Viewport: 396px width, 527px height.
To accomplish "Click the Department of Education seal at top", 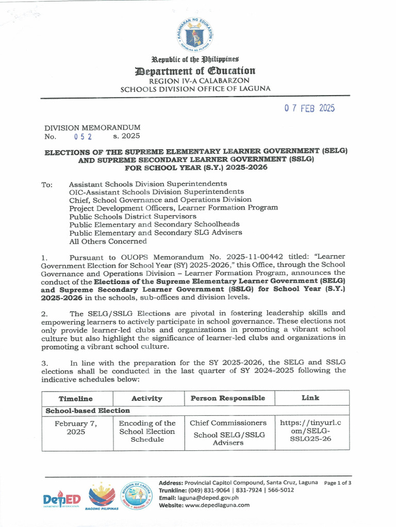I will tap(195, 36).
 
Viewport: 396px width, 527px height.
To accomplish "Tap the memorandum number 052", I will tap(83, 136).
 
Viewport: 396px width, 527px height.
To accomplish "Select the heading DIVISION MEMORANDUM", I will tap(92, 127).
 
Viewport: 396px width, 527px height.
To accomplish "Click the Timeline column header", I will tap(76, 398).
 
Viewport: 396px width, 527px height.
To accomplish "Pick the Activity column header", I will tap(147, 398).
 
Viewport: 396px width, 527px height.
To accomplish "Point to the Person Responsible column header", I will tap(228, 398).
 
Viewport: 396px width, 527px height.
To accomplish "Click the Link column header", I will tap(310, 398).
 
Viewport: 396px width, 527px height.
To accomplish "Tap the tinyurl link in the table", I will tap(310, 431).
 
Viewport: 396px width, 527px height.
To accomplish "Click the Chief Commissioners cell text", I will tap(228, 423).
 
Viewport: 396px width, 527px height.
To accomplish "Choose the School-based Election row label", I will tap(88, 411).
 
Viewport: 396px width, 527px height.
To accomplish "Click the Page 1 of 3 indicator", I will tap(338, 483).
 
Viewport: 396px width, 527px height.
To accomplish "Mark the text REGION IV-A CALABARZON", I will tap(195, 81).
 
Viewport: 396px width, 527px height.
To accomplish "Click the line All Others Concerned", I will tap(108, 241).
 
